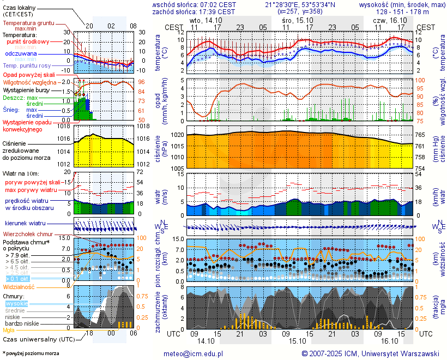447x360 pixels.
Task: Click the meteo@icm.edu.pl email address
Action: (x=194, y=353)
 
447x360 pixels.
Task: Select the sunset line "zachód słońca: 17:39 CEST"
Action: (x=194, y=11)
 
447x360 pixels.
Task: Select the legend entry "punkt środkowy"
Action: (x=28, y=41)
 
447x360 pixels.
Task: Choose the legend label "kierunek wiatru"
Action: (x=25, y=224)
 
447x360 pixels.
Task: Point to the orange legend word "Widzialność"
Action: (x=19, y=286)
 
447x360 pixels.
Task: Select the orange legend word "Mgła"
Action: (x=9, y=330)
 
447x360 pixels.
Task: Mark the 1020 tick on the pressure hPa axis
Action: (x=177, y=135)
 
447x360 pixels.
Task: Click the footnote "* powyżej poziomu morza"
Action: (x=31, y=353)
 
